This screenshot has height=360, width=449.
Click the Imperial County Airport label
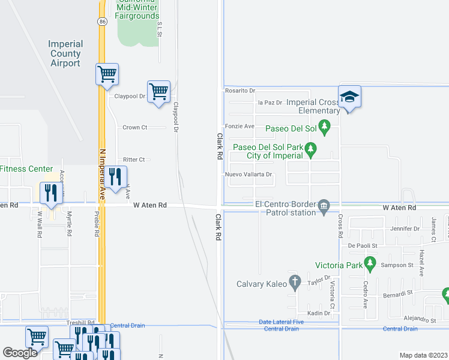point(65,54)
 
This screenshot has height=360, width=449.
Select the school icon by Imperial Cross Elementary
point(349,97)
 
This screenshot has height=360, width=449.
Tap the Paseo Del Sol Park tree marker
point(310,148)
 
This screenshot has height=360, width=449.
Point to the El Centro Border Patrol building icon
point(324,207)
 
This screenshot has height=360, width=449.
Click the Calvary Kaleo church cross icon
point(294,281)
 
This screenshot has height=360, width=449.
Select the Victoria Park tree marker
point(370,263)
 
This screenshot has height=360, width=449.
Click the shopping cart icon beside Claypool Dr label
point(158,92)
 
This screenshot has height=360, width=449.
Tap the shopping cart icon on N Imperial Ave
point(107,74)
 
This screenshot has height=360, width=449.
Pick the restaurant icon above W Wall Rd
point(50,192)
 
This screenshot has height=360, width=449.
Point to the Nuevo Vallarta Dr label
point(249,175)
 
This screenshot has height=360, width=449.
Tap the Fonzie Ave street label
point(240,126)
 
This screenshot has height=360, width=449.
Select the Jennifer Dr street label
point(404,229)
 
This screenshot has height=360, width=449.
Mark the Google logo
point(20,353)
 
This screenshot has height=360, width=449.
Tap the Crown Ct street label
point(134,127)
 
